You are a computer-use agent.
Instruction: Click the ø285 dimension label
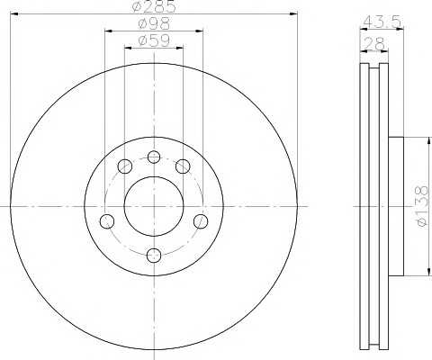click(x=154, y=7)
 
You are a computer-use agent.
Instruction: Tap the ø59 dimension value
click(x=154, y=42)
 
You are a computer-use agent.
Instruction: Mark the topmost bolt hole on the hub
click(x=154, y=157)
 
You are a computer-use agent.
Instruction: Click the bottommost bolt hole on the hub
click(x=154, y=255)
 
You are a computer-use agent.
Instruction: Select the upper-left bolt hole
click(x=125, y=166)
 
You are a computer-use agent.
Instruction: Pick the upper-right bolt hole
click(x=183, y=166)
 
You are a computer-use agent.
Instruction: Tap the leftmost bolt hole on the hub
click(x=107, y=221)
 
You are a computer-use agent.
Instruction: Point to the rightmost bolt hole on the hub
click(x=201, y=221)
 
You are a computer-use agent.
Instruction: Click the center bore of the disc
click(x=154, y=206)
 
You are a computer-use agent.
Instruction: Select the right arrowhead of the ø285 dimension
click(x=294, y=13)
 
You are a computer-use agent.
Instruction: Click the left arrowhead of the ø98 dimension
click(x=108, y=31)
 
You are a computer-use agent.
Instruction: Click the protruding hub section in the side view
click(x=397, y=206)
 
